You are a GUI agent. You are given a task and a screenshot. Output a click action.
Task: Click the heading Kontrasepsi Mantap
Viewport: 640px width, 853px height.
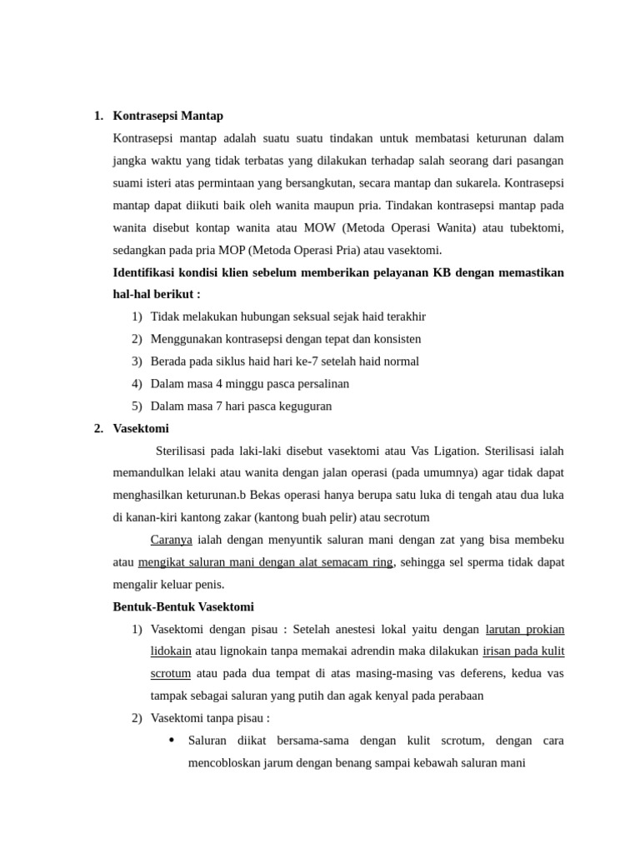(167, 116)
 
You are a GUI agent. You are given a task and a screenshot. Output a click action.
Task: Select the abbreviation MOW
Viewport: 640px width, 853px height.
(320, 227)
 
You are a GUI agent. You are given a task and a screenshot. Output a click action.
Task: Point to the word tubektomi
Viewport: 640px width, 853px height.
(535, 227)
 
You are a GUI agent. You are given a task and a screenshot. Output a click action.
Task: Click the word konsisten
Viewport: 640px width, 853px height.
(393, 339)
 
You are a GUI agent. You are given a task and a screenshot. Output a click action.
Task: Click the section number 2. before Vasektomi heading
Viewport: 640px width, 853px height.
(98, 428)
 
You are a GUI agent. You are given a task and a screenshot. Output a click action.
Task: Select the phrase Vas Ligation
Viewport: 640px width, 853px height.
(444, 451)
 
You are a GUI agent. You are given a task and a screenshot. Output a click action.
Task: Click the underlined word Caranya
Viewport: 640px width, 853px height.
(171, 540)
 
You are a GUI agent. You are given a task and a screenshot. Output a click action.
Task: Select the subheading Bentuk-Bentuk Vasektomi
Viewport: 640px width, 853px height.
(183, 606)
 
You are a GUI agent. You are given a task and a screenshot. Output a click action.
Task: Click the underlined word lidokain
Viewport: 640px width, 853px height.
(171, 651)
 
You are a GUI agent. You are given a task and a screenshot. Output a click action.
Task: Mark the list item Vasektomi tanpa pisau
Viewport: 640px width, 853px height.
(210, 717)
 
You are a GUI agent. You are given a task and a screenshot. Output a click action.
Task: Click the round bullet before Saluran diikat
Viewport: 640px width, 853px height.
(171, 740)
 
